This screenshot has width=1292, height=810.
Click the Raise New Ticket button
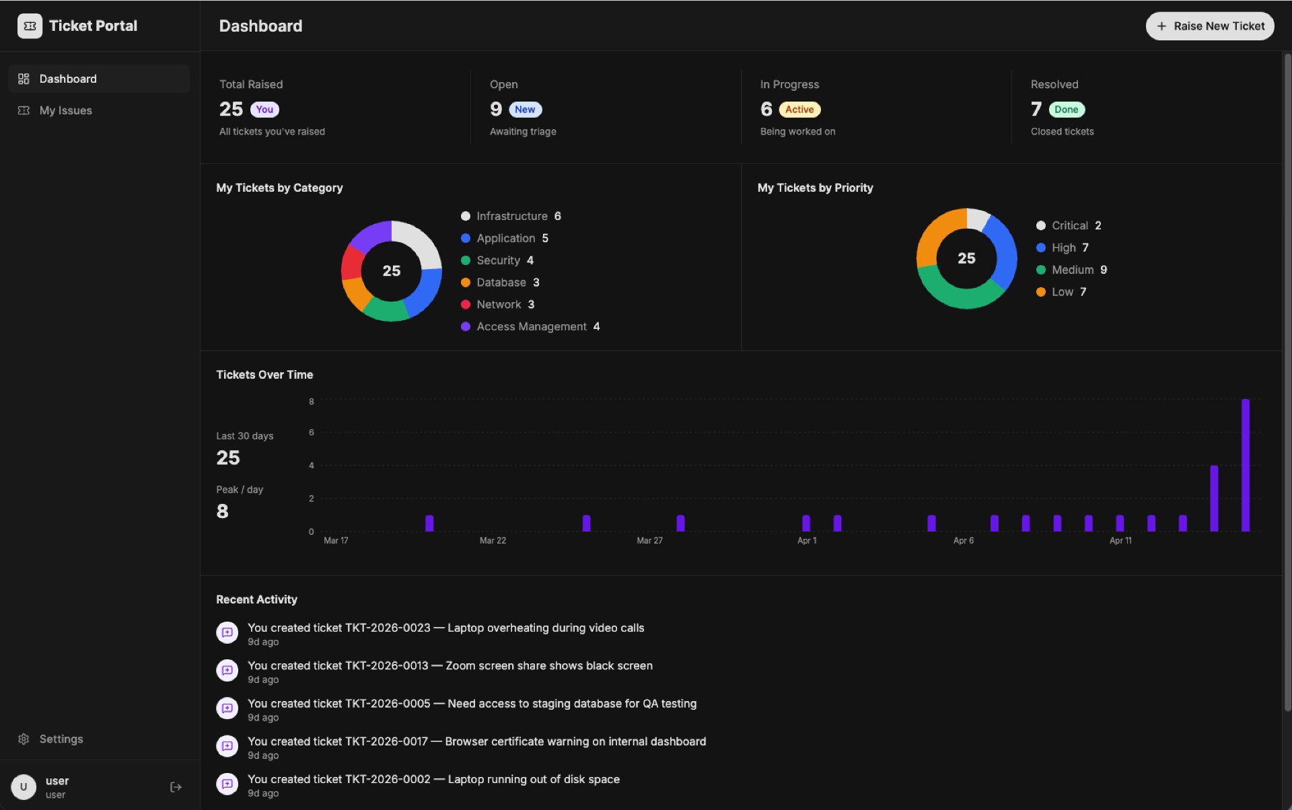tap(1209, 26)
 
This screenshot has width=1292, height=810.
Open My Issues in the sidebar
tap(65, 110)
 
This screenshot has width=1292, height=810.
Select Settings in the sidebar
tap(61, 739)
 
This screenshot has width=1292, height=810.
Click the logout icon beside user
tap(176, 787)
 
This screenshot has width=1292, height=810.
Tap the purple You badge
tap(264, 110)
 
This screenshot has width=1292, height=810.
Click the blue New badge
tap(525, 110)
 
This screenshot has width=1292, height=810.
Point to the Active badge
tap(799, 110)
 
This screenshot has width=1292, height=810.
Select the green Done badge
tap(1066, 110)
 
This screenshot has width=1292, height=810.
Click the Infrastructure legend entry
tap(511, 216)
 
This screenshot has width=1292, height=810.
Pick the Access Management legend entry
tap(531, 326)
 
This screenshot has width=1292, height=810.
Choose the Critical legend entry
tap(1069, 225)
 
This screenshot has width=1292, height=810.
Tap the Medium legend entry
tap(1072, 270)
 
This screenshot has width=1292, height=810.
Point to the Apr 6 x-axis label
tap(963, 540)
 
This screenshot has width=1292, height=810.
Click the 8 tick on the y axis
tap(311, 402)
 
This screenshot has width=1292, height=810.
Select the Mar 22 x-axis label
tap(493, 540)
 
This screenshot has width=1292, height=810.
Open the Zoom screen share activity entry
tap(450, 665)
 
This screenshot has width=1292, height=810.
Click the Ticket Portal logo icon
tap(30, 26)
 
